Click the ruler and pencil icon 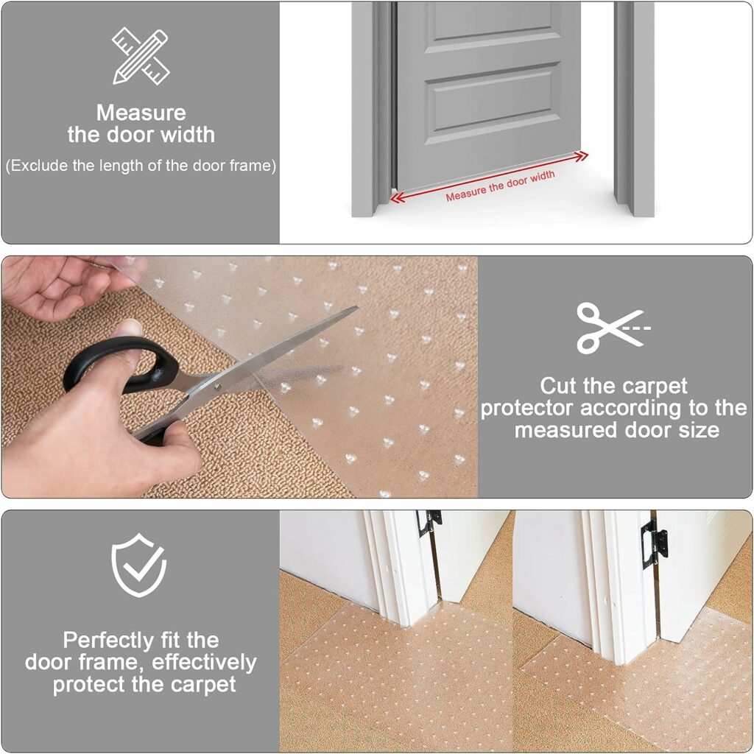(x=140, y=55)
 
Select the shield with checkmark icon (x=139, y=565)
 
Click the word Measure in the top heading (x=141, y=113)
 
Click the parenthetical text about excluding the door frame (x=141, y=166)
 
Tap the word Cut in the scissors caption (x=559, y=386)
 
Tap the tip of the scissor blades (x=356, y=309)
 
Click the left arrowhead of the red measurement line (x=395, y=197)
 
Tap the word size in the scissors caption (x=700, y=430)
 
